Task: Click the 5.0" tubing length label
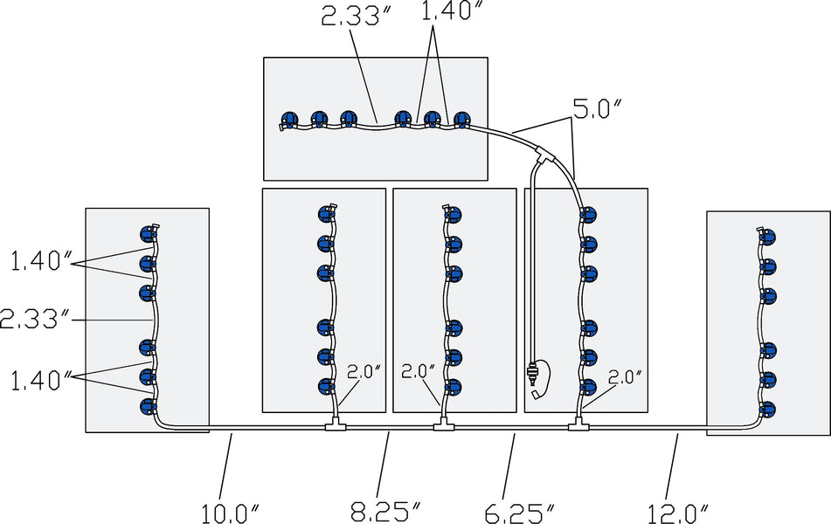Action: [x=598, y=112]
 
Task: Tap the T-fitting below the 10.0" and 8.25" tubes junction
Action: [x=335, y=426]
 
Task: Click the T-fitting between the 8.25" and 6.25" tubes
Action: [x=444, y=426]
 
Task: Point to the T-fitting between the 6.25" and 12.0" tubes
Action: [x=578, y=426]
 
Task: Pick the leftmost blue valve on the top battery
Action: [x=289, y=119]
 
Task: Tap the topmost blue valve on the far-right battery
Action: [x=768, y=237]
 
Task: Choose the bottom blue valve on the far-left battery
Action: [x=147, y=406]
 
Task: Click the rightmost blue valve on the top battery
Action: [x=461, y=118]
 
